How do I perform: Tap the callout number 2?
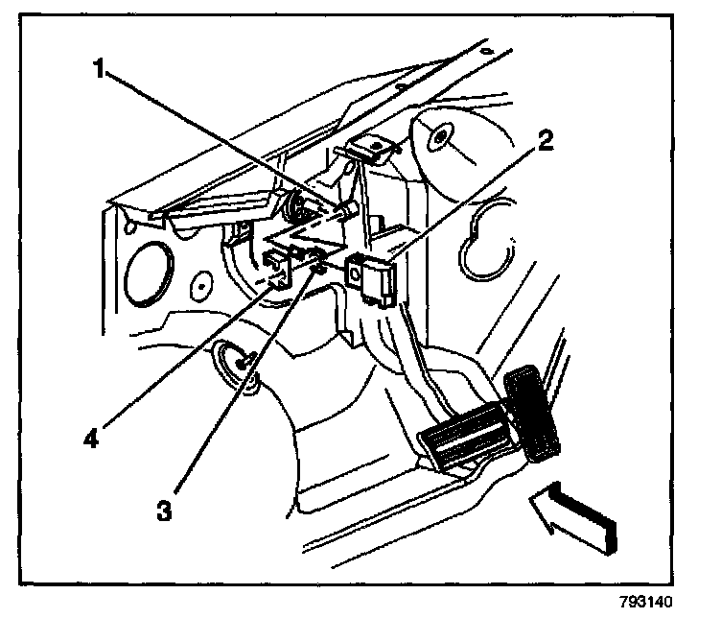coord(545,143)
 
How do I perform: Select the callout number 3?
coord(164,511)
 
